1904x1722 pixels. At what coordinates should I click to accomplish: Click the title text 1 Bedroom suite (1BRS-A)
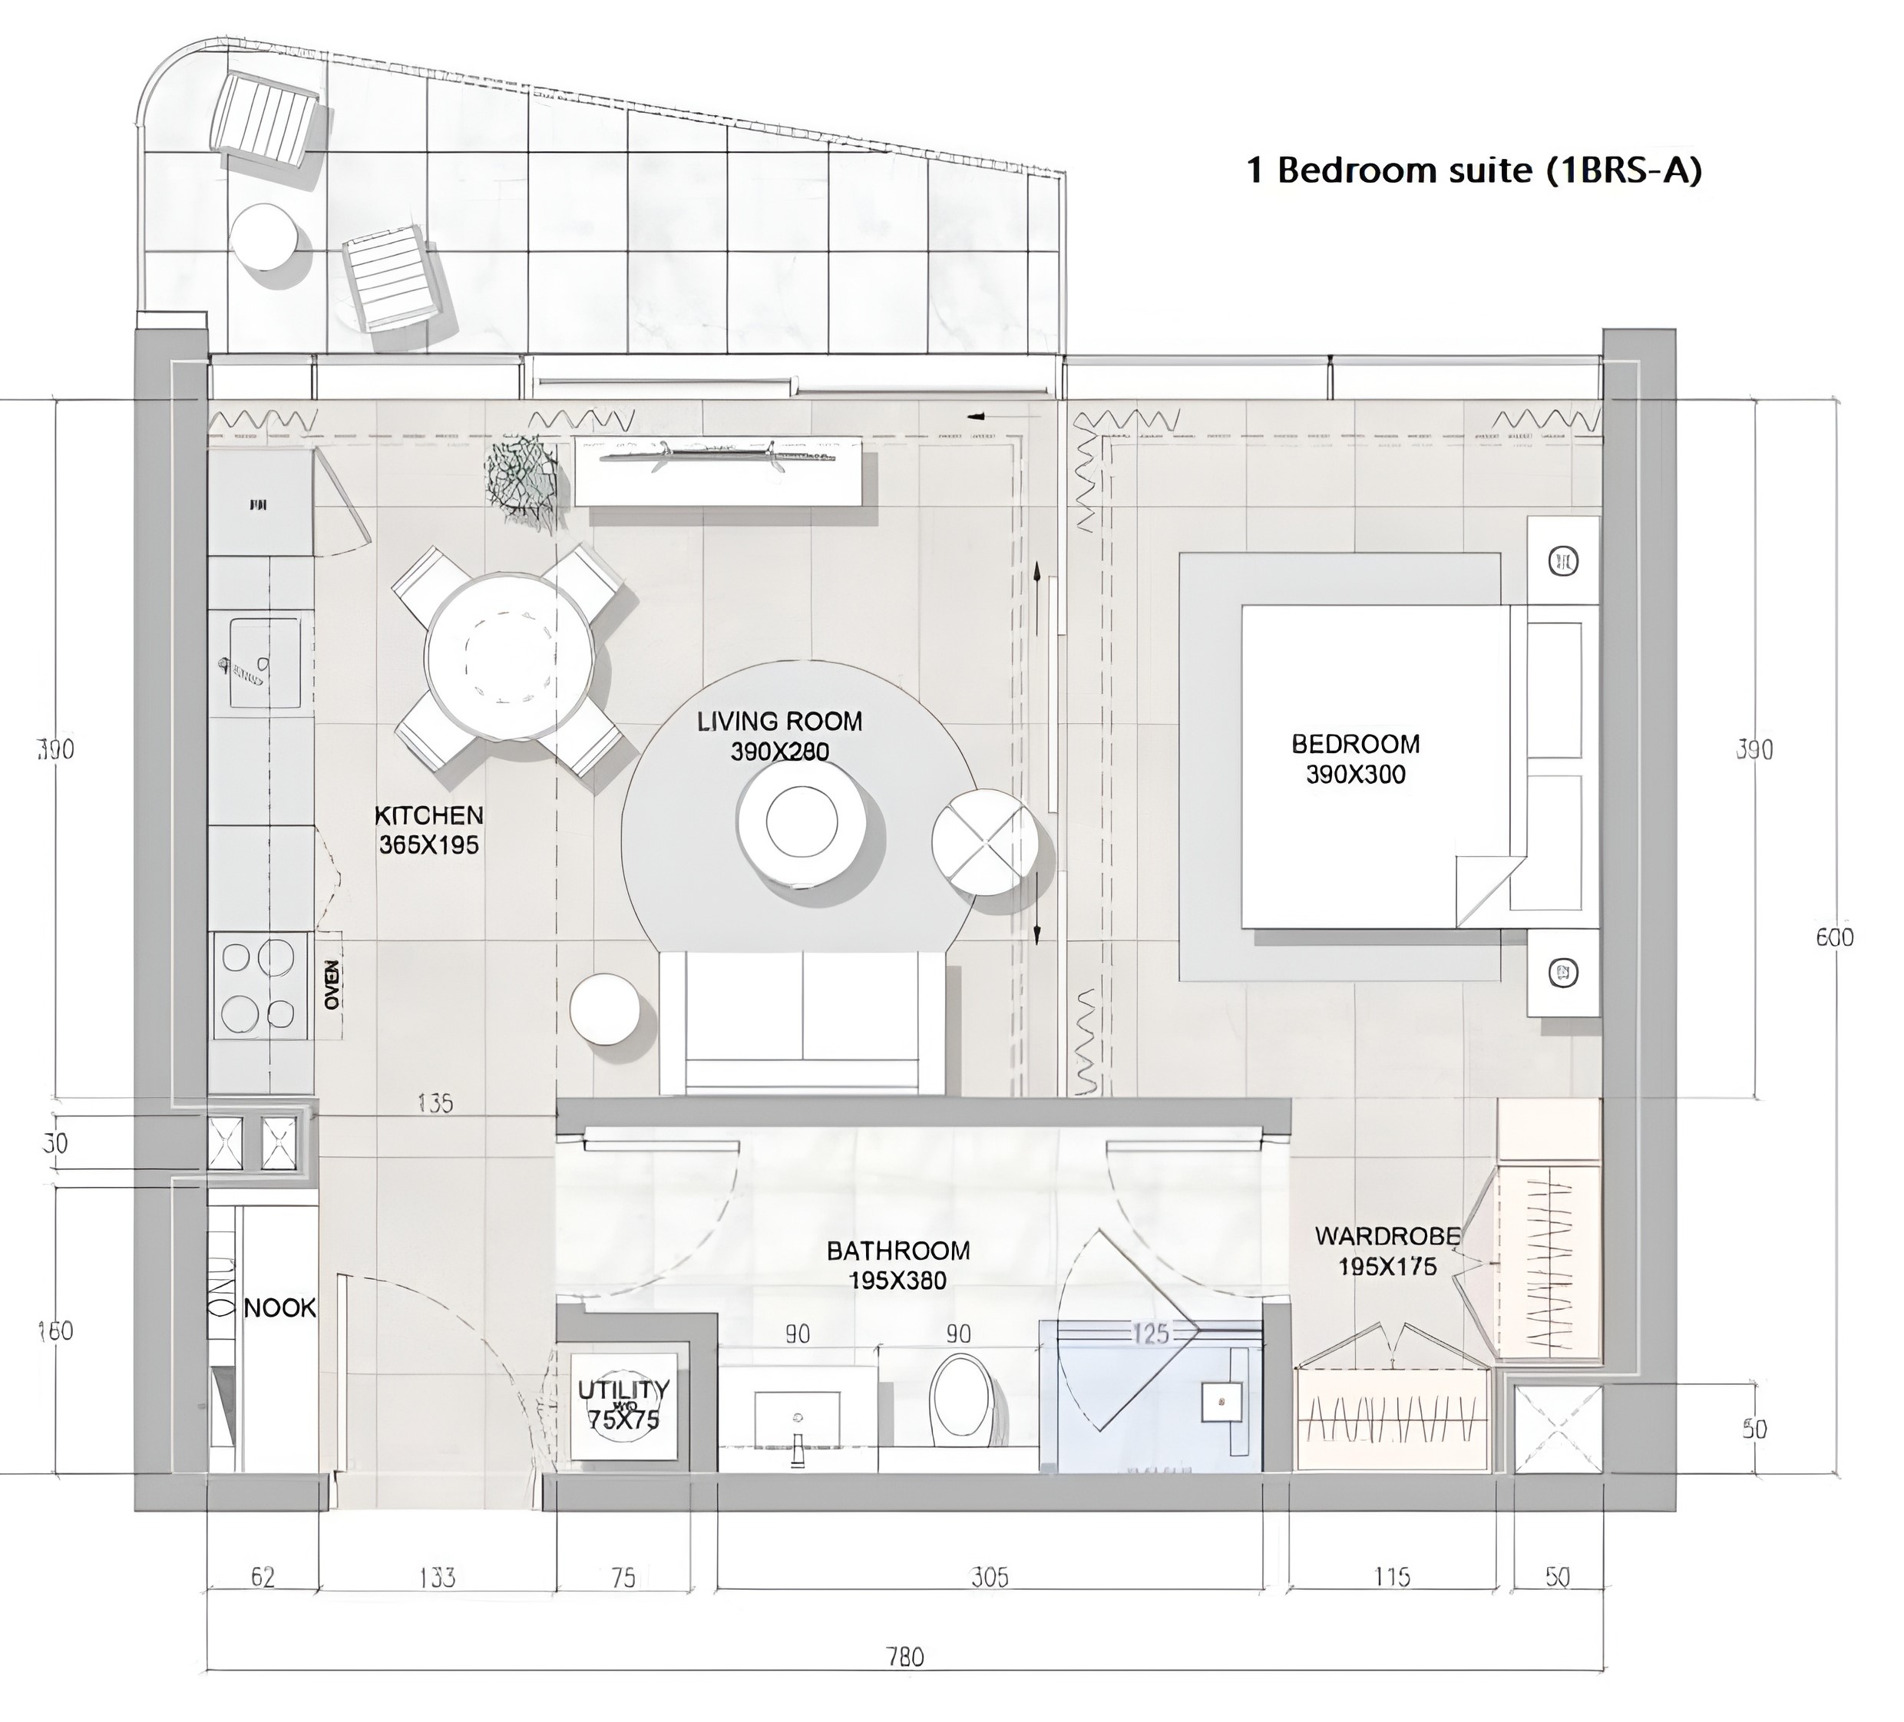coord(1473,171)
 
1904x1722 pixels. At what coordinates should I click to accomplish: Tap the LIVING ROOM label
coord(779,722)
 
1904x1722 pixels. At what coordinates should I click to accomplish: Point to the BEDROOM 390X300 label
coord(1355,759)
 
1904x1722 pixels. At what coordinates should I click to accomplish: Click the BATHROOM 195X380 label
coord(897,1264)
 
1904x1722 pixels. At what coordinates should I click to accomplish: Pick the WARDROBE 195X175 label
coord(1387,1251)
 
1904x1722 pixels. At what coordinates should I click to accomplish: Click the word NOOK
coord(279,1307)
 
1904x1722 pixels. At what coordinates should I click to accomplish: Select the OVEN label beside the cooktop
coord(332,985)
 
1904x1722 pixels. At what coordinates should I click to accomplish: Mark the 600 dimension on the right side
coord(1834,937)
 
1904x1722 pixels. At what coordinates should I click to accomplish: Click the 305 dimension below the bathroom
coord(990,1578)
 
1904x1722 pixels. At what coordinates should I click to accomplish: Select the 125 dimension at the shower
coord(1150,1334)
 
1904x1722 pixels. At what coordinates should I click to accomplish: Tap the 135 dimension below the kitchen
coord(435,1102)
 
